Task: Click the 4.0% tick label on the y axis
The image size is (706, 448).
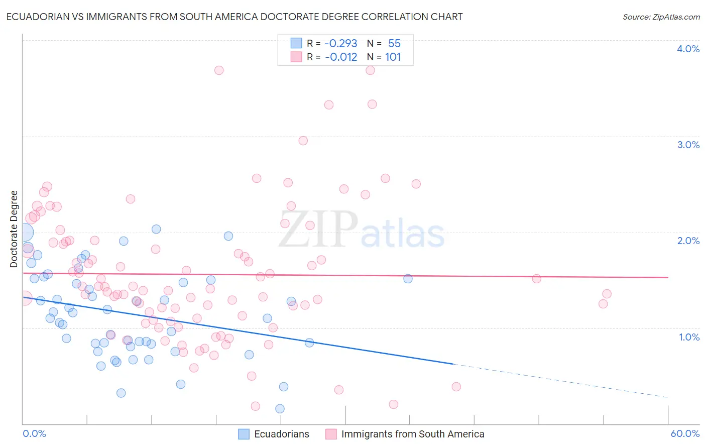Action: point(688,49)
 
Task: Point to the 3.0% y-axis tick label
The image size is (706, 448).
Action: point(688,145)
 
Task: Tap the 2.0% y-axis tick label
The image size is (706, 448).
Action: point(688,241)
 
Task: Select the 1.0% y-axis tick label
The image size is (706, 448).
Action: point(689,337)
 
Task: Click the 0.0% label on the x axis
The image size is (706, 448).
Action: point(34,434)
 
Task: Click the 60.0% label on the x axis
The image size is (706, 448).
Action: point(685,434)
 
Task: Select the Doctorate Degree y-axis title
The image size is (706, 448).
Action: point(14,229)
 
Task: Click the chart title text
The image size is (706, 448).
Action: point(234,17)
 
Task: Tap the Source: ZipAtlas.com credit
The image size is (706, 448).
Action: point(661,17)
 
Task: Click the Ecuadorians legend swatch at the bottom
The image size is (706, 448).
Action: point(244,434)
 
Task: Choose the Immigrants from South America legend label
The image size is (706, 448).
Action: point(413,434)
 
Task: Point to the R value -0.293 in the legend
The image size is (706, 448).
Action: point(340,44)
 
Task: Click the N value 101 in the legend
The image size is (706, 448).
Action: point(393,57)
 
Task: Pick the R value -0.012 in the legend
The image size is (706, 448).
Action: point(340,57)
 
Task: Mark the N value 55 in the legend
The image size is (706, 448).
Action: point(394,44)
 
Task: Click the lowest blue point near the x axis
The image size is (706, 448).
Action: point(280,409)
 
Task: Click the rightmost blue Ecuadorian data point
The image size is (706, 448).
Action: point(408,279)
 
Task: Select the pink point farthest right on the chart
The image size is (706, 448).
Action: point(607,294)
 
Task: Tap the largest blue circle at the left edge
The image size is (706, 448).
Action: point(24,233)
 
